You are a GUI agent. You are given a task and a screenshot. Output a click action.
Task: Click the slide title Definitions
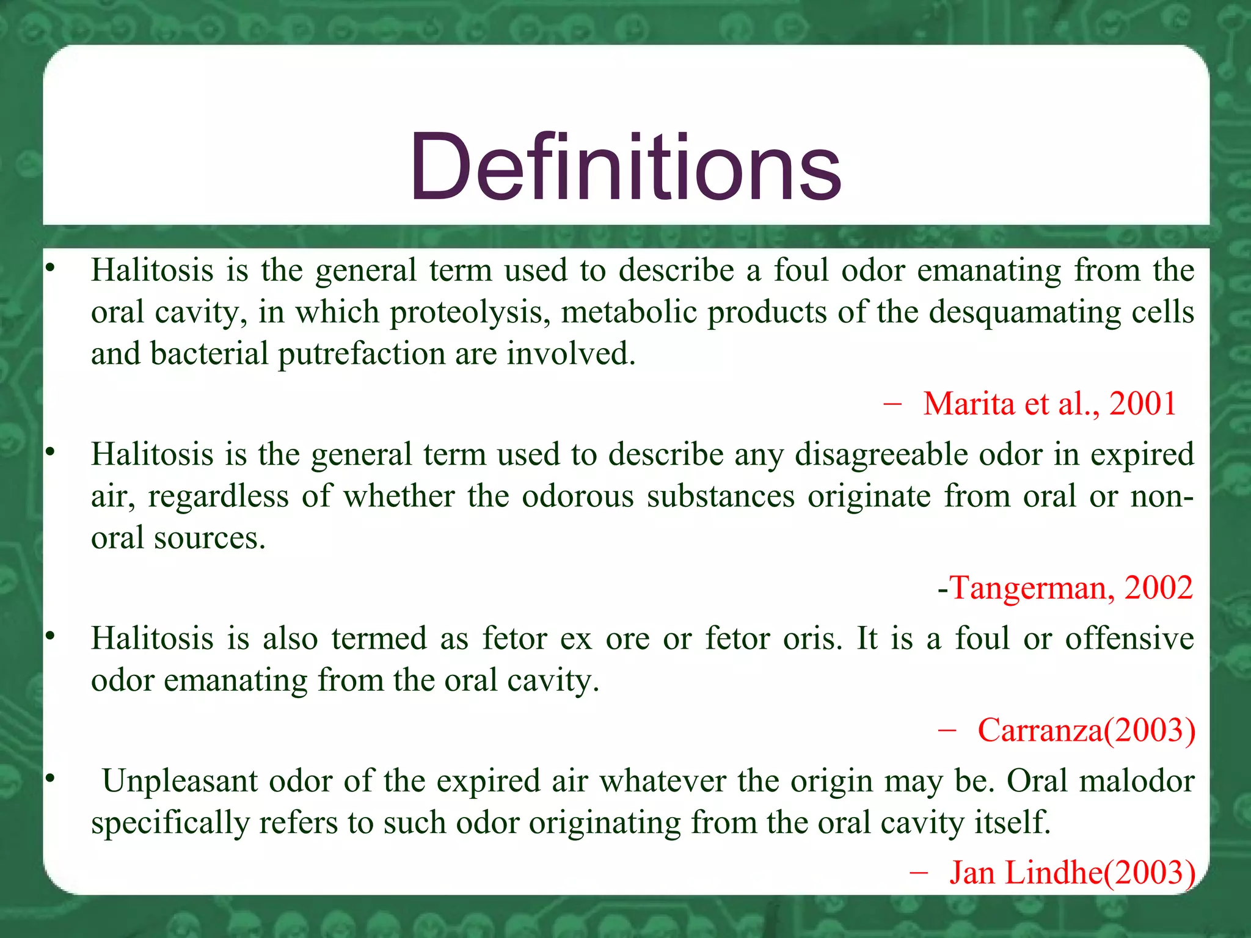pos(625,168)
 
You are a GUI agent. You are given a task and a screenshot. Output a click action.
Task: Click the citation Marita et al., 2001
pos(1049,404)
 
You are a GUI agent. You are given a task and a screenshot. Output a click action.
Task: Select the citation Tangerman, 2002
pos(1071,588)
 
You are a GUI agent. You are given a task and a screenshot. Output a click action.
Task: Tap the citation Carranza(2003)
pos(1086,730)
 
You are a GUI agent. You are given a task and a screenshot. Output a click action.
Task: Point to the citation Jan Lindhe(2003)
pos(1072,872)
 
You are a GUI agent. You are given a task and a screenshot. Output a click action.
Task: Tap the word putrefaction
pos(361,354)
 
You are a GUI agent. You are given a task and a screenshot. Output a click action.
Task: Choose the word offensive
pos(1129,639)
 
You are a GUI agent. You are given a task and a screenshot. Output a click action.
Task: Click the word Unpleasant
pos(180,781)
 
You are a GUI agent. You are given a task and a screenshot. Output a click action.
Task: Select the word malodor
pos(1137,781)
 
